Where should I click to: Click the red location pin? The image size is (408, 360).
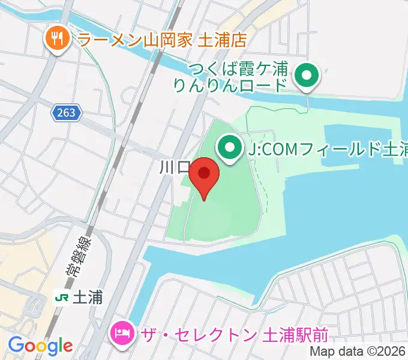pos(204,175)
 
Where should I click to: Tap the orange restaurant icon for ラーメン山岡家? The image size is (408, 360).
pos(57,40)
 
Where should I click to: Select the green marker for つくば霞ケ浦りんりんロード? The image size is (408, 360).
pos(308,76)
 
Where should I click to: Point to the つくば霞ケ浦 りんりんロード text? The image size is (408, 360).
pos(230,77)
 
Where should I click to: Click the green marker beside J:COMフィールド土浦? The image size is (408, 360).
pos(229,146)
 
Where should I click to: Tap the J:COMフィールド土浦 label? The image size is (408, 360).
pos(328,148)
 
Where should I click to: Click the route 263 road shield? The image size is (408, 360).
pos(67,112)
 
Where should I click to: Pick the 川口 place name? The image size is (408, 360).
pos(175,167)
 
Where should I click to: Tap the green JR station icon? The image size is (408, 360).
pos(61,297)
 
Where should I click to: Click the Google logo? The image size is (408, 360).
pos(40,346)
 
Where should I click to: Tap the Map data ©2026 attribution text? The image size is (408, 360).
pos(358,352)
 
